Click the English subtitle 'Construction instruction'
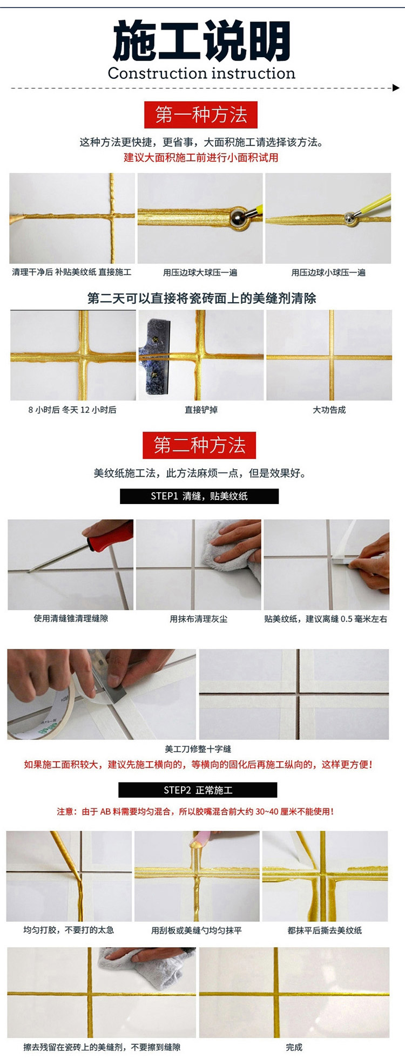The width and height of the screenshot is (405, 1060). click(201, 73)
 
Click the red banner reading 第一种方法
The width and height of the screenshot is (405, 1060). click(201, 115)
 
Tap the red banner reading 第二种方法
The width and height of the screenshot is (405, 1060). click(199, 445)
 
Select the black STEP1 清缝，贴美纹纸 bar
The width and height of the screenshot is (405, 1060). click(199, 496)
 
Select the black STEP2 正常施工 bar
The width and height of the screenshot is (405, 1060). click(198, 790)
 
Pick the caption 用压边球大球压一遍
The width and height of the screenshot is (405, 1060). click(200, 273)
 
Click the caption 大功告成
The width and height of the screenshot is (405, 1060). click(329, 410)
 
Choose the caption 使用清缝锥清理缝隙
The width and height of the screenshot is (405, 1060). click(71, 619)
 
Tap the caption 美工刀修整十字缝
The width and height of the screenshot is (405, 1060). click(198, 749)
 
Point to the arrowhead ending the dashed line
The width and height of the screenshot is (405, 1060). click(396, 87)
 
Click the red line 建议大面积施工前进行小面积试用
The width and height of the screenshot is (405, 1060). click(201, 158)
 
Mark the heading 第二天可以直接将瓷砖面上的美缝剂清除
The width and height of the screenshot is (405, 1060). click(201, 298)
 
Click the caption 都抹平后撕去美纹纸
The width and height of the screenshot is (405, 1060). click(325, 930)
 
